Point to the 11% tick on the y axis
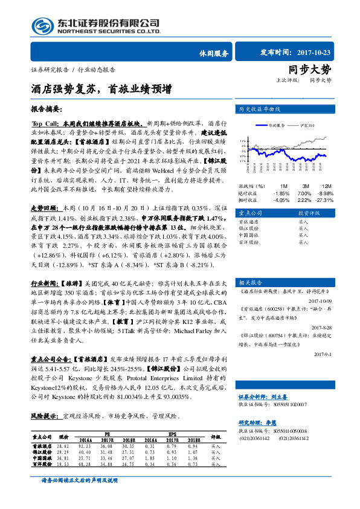click(x=242, y=138)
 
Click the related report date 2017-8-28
click(x=320, y=328)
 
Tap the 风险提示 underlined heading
click(x=45, y=416)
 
